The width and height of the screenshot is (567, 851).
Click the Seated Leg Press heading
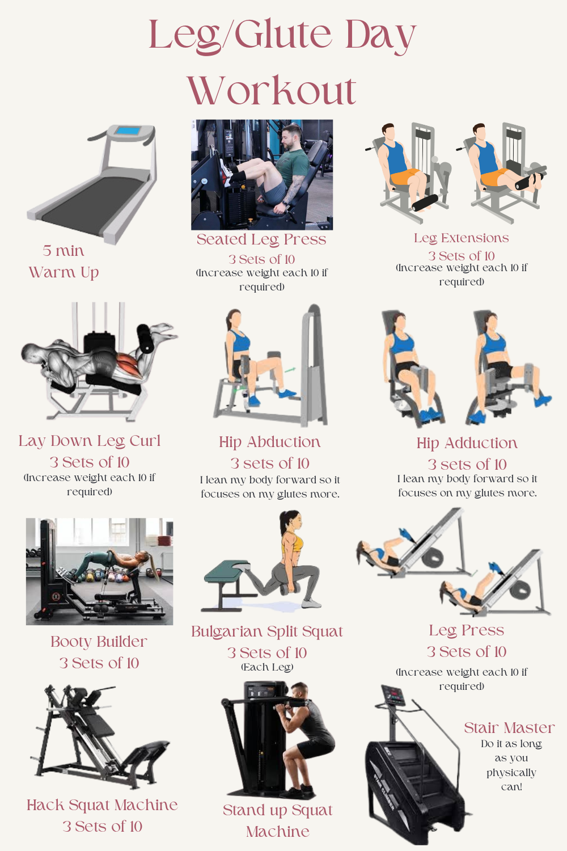261,240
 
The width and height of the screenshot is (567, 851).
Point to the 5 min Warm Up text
64,262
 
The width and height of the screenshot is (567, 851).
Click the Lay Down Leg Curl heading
90,441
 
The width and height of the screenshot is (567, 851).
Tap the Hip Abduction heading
270,442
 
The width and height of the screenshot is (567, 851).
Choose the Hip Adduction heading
467,443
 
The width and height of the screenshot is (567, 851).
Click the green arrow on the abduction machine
290,369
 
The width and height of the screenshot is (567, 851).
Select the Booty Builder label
99,642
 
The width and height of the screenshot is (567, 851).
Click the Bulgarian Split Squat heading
267,632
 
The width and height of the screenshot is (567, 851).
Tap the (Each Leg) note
267,667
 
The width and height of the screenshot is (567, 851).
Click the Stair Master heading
509,728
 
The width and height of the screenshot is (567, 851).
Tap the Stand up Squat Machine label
278,821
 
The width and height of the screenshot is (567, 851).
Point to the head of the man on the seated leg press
293,136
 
